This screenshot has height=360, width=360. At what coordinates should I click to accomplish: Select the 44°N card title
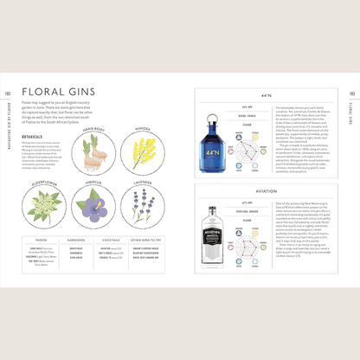coord(267,96)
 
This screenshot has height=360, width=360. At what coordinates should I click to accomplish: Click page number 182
coord(7,96)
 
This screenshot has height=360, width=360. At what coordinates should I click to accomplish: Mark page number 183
coord(352,96)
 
